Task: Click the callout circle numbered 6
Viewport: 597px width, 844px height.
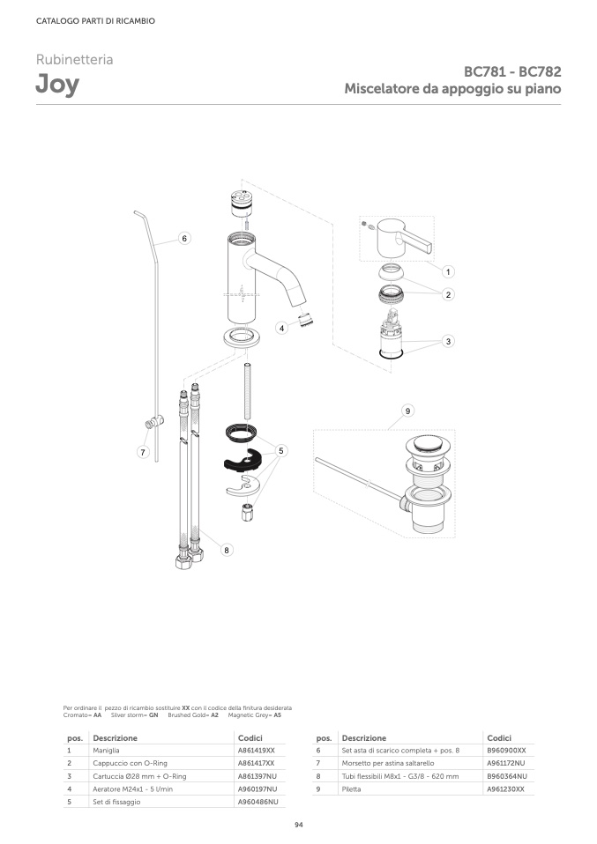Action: click(x=184, y=238)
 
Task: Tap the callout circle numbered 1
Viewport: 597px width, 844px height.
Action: click(x=448, y=272)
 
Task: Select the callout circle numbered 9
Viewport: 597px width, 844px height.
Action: click(x=407, y=411)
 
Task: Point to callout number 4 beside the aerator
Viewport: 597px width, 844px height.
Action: click(x=282, y=327)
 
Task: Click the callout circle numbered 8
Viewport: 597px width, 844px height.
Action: click(x=227, y=550)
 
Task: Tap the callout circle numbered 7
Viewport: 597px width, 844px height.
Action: click(x=143, y=452)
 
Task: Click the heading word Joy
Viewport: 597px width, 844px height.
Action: click(x=57, y=85)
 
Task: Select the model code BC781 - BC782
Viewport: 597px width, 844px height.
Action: click(x=512, y=71)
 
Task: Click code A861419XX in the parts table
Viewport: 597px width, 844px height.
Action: click(x=257, y=751)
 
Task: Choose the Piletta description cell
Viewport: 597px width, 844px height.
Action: click(x=351, y=789)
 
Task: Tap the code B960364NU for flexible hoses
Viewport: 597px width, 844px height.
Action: click(x=507, y=776)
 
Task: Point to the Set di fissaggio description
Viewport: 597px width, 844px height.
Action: click(x=116, y=802)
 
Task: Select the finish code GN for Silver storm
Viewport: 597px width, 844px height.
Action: click(x=153, y=715)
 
